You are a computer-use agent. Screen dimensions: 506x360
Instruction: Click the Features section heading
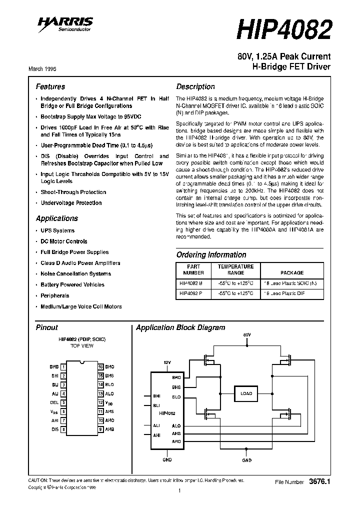click(50, 86)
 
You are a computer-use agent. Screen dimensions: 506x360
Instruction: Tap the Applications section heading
click(56, 218)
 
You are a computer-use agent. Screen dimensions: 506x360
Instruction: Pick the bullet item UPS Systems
click(57, 230)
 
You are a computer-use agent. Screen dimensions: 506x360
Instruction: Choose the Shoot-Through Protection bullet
click(73, 192)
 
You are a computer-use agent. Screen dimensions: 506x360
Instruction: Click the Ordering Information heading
click(211, 254)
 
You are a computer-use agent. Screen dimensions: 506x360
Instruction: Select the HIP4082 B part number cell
click(190, 283)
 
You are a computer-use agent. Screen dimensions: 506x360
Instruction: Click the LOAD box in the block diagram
click(246, 393)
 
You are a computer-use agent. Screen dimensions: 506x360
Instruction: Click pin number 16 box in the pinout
click(100, 366)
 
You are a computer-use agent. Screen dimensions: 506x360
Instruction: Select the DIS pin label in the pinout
click(54, 429)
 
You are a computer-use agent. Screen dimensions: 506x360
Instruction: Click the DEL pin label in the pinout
click(54, 402)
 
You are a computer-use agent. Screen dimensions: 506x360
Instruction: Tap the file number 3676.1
click(320, 481)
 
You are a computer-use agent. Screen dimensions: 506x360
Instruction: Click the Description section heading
click(195, 86)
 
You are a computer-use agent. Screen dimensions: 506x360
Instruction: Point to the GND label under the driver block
click(167, 459)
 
